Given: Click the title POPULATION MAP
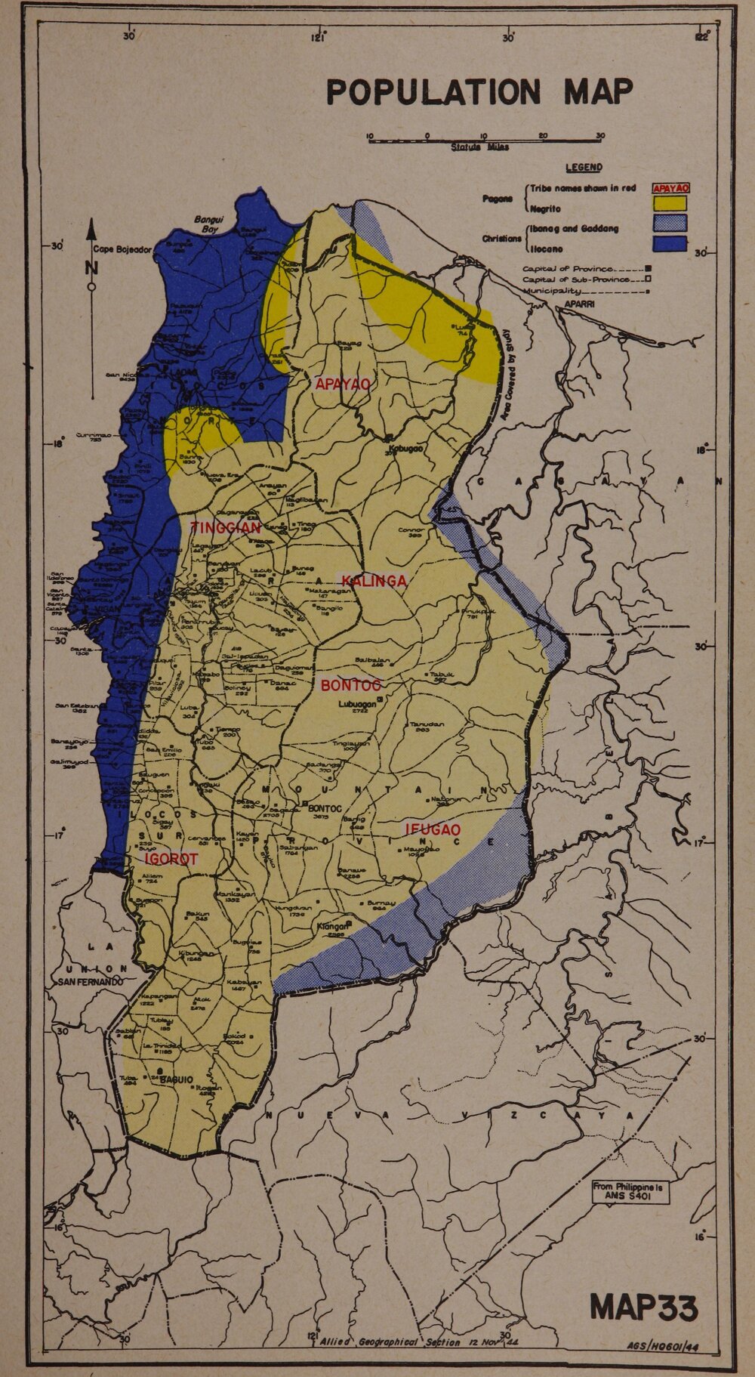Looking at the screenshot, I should point(479,92).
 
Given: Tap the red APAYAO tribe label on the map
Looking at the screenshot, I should point(343,384).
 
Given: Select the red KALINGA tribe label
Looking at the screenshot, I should point(374,581).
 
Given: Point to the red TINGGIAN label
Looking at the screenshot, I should point(225,528).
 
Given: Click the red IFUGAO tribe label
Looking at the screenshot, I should point(433,829).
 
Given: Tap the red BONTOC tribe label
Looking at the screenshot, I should point(351,686).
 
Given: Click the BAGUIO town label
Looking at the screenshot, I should point(175,1079).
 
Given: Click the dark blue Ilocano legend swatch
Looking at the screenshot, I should point(670,243).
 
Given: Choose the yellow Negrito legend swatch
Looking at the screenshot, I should point(670,203).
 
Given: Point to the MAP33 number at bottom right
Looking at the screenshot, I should point(643,1308).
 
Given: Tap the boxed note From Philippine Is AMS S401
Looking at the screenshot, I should point(630,1191).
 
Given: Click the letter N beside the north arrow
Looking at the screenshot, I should point(91,267).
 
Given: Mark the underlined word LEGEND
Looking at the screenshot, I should point(583,167).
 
